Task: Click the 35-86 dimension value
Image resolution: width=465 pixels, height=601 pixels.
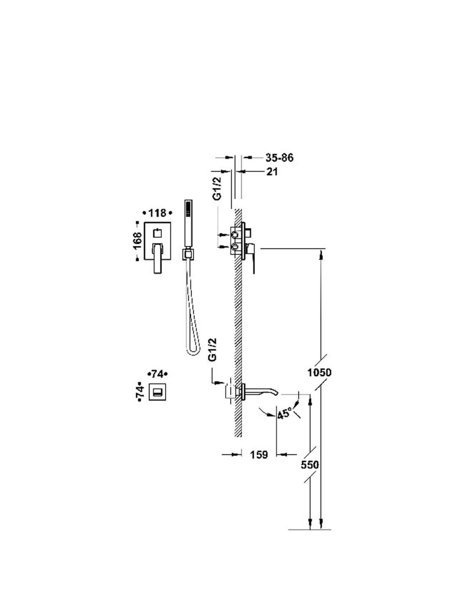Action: (279, 158)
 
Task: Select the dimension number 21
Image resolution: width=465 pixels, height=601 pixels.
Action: (272, 172)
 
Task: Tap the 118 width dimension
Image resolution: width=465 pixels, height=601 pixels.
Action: (157, 213)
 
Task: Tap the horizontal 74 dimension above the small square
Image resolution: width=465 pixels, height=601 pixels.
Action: (157, 374)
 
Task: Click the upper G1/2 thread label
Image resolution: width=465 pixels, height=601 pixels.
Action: (219, 188)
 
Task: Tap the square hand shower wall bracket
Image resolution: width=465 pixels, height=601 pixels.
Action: (188, 254)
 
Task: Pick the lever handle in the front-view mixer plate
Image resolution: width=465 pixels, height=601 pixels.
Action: (158, 258)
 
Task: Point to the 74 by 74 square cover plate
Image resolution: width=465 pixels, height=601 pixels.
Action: (157, 392)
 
